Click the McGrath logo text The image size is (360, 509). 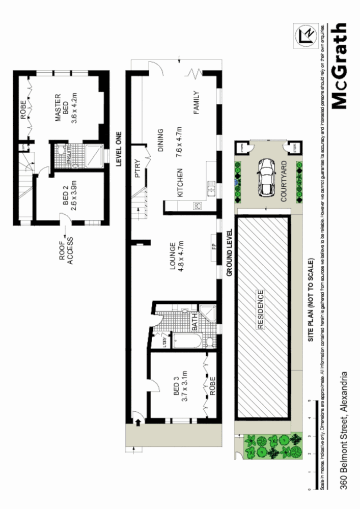339,66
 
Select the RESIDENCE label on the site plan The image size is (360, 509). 261,310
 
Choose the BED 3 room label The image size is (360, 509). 181,390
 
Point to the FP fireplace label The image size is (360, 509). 214,248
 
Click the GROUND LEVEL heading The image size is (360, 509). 229,252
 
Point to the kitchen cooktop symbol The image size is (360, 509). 198,206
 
